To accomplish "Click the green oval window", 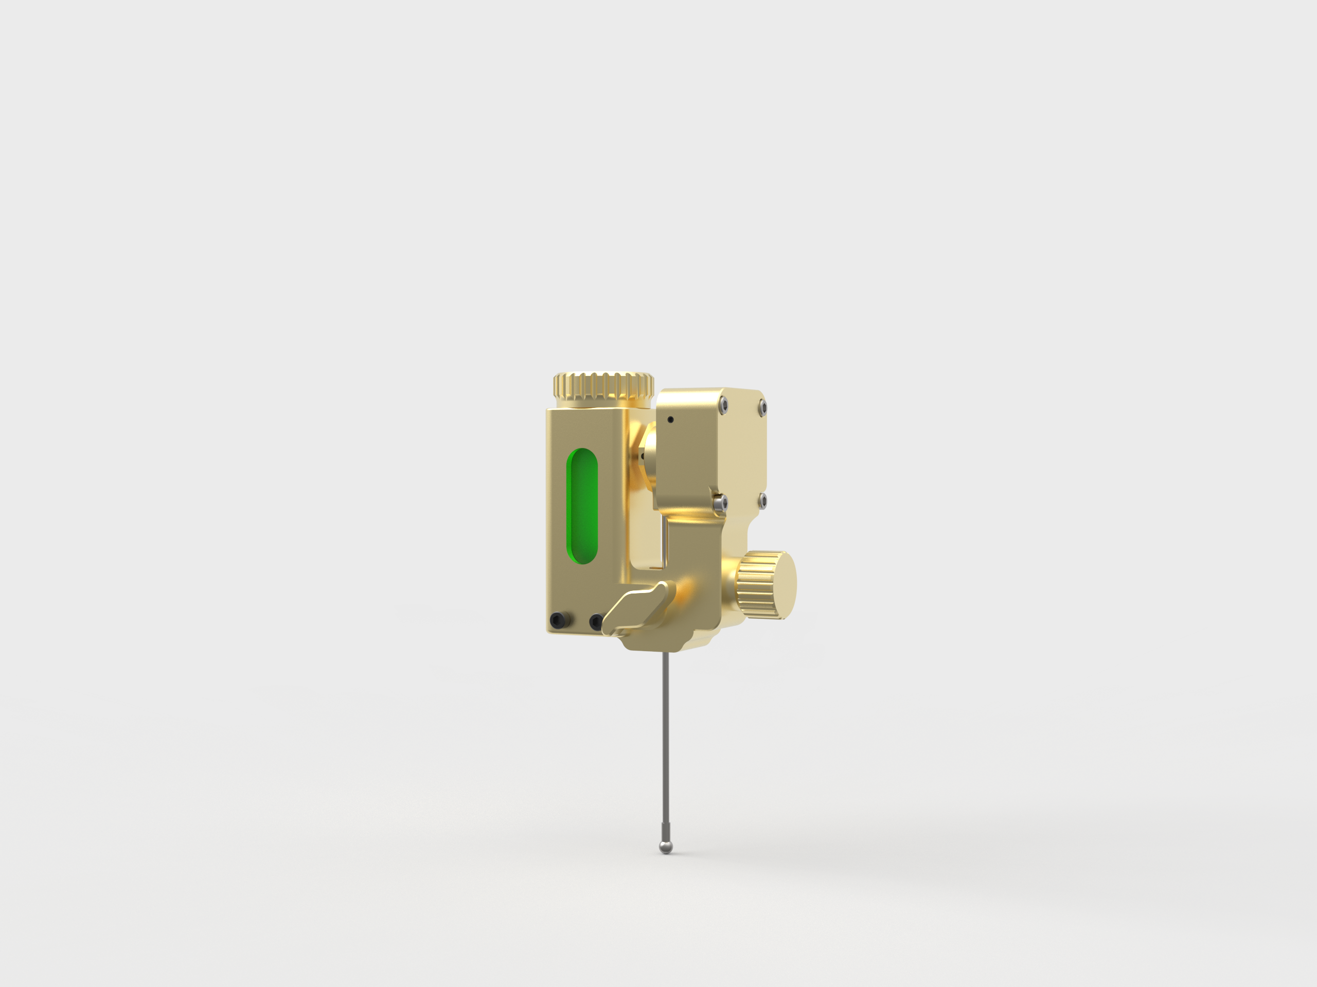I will (582, 506).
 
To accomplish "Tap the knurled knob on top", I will (603, 387).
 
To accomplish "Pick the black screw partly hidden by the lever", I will (595, 623).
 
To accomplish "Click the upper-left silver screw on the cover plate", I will (723, 404).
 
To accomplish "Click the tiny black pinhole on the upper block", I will (671, 420).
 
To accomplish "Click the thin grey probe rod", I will (666, 744).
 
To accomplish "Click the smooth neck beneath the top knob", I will (602, 405).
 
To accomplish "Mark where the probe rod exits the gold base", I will (666, 651).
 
